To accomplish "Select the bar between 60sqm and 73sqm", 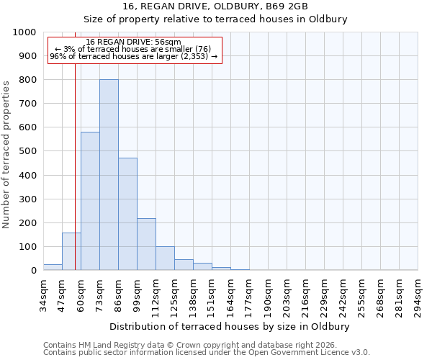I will tap(90, 201).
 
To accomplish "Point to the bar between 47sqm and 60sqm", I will tap(71, 251).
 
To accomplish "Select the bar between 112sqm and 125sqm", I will tap(165, 258).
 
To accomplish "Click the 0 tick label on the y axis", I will tap(34, 271).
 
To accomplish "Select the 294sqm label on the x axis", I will tap(418, 295).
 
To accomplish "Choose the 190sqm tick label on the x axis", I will tap(268, 295).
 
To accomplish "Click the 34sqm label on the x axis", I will tap(43, 295).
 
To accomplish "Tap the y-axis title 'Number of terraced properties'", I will tap(6, 154).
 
